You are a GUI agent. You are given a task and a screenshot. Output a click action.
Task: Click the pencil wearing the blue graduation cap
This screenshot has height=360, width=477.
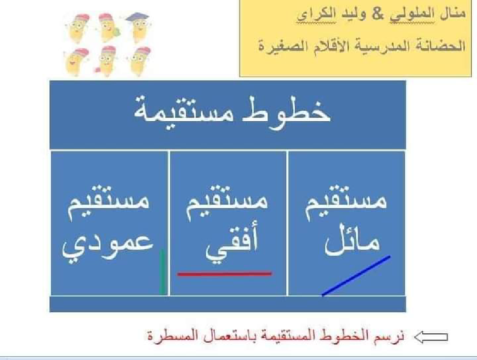tap(138, 27)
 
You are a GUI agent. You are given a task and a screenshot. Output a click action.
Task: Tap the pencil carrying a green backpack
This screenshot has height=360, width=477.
tap(108, 28)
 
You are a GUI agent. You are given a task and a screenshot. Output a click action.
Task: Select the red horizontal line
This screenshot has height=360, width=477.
tap(224, 274)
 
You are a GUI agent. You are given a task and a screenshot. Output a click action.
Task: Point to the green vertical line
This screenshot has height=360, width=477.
tap(163, 272)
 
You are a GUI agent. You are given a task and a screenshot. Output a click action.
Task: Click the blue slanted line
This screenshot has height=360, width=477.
tap(356, 276)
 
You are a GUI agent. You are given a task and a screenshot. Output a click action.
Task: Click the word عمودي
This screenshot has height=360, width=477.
tap(109, 243)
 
